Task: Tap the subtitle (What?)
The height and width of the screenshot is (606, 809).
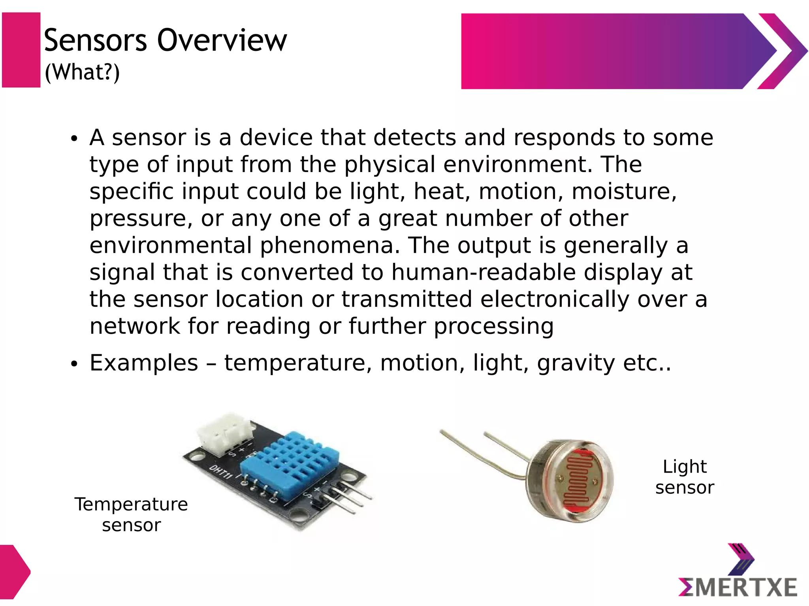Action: (82, 73)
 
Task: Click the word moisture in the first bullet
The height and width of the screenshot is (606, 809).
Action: (624, 191)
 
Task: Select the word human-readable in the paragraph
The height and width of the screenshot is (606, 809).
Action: (484, 273)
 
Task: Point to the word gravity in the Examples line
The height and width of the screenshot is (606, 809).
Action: (576, 363)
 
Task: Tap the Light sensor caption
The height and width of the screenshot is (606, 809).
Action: (685, 477)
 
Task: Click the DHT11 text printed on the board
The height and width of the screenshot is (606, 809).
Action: (220, 472)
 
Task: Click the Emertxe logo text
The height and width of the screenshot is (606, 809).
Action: (738, 587)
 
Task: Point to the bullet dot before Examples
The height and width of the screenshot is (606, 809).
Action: (74, 364)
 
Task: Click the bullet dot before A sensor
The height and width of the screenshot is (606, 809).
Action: (74, 139)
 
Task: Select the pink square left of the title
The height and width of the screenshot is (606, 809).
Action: (21, 50)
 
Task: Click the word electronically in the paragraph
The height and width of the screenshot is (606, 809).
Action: (555, 299)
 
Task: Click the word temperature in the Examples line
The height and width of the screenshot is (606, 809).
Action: (298, 363)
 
